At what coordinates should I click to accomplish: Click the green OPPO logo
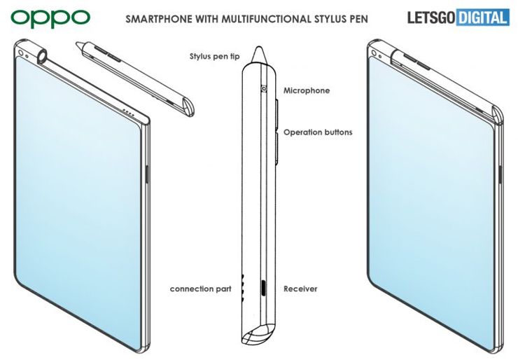50,18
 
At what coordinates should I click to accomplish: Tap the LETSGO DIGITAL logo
458,18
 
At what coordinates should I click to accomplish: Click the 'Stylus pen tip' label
214,57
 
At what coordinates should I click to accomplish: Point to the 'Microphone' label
307,90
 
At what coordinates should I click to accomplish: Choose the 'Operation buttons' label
318,132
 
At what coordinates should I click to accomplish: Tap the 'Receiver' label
300,289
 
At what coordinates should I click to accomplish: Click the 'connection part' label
200,289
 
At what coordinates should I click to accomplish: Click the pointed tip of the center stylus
259,47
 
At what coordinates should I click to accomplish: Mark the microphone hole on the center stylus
264,88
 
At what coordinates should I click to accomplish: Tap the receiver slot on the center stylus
264,289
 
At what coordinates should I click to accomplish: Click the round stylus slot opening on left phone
43,55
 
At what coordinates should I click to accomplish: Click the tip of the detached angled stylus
77,43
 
